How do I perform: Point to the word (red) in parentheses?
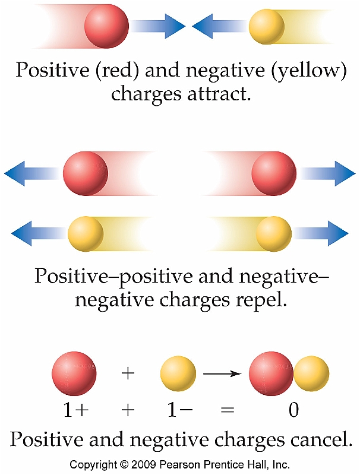(124, 71)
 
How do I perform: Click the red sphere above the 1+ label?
(74, 374)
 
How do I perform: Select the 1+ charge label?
(74, 410)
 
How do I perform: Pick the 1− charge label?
(179, 410)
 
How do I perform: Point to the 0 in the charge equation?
(293, 410)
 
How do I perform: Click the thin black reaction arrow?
(222, 374)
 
